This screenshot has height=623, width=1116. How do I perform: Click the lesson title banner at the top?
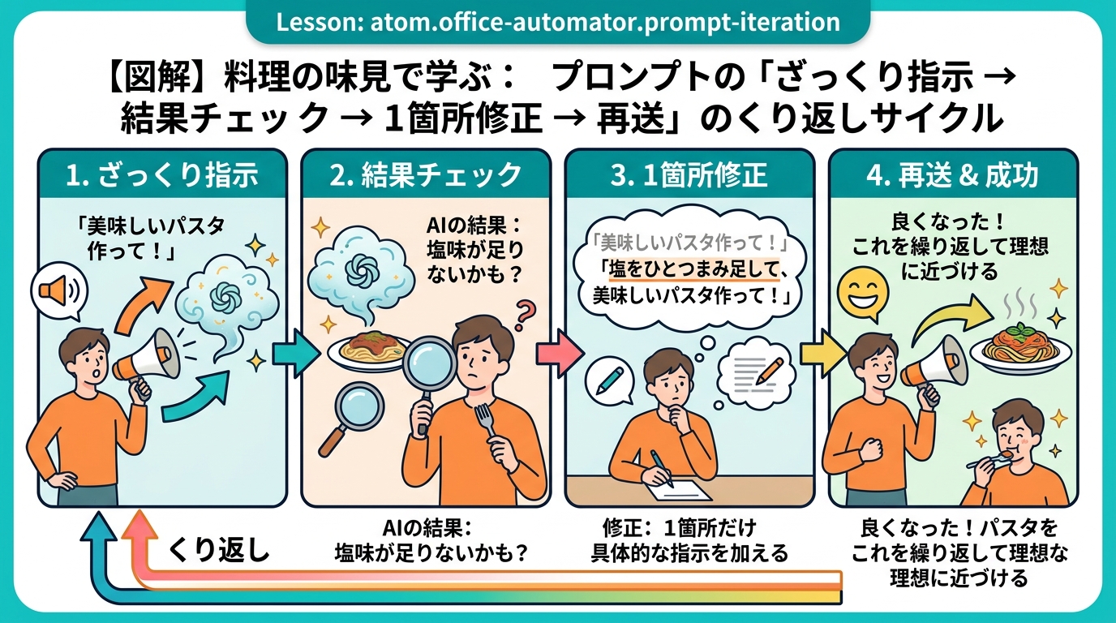(x=558, y=23)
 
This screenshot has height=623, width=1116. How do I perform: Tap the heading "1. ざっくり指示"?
(x=162, y=175)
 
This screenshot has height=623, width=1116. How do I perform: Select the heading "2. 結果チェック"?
(x=426, y=175)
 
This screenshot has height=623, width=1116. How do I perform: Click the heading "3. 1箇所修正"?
(x=689, y=175)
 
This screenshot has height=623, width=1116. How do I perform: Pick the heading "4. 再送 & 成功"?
(x=953, y=175)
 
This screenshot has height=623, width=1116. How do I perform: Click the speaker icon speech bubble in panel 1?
(x=58, y=293)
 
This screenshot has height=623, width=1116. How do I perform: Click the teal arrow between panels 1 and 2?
(x=297, y=354)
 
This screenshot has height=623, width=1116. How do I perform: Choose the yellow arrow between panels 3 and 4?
(x=823, y=354)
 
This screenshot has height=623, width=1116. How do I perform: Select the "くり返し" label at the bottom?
(x=218, y=550)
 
